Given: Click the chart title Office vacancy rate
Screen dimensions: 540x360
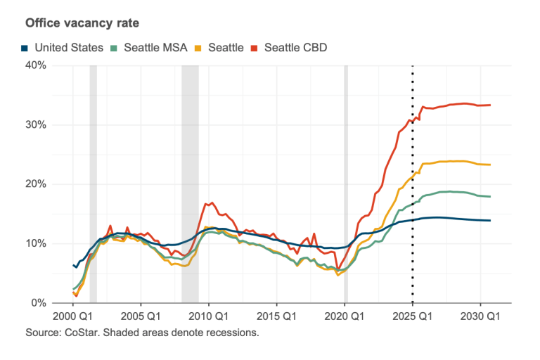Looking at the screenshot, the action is click(x=82, y=23).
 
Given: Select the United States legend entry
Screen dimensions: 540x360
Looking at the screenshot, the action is click(x=63, y=48).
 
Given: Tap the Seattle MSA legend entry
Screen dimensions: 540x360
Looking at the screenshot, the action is click(x=149, y=48).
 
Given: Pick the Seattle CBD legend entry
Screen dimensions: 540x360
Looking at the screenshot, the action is click(x=289, y=48).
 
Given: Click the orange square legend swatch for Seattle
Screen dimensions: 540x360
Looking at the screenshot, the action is click(x=198, y=48).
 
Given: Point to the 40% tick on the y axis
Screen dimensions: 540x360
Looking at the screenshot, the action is click(x=36, y=65).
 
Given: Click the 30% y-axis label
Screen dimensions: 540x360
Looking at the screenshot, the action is click(x=36, y=124).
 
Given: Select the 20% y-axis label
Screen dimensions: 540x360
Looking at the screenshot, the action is click(x=36, y=184).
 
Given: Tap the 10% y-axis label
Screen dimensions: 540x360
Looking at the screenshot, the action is click(x=36, y=243).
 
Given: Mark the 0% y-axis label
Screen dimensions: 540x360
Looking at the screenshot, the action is click(x=39, y=303).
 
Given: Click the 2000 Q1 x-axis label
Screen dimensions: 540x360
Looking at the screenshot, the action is click(x=72, y=316).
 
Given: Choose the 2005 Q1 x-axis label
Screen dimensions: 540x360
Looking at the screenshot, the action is click(x=141, y=316).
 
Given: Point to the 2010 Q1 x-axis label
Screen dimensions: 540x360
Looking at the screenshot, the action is click(x=208, y=316).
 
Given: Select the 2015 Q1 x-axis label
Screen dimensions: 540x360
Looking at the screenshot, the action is click(x=276, y=316).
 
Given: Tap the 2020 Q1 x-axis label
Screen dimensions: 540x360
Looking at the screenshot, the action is click(x=345, y=316).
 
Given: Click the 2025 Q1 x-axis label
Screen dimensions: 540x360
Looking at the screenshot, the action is click(x=413, y=316).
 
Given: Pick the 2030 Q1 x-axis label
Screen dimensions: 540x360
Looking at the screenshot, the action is click(x=480, y=316).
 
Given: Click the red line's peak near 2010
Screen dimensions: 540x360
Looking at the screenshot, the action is click(x=212, y=202).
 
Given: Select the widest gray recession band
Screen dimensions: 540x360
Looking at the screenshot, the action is click(x=190, y=184).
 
